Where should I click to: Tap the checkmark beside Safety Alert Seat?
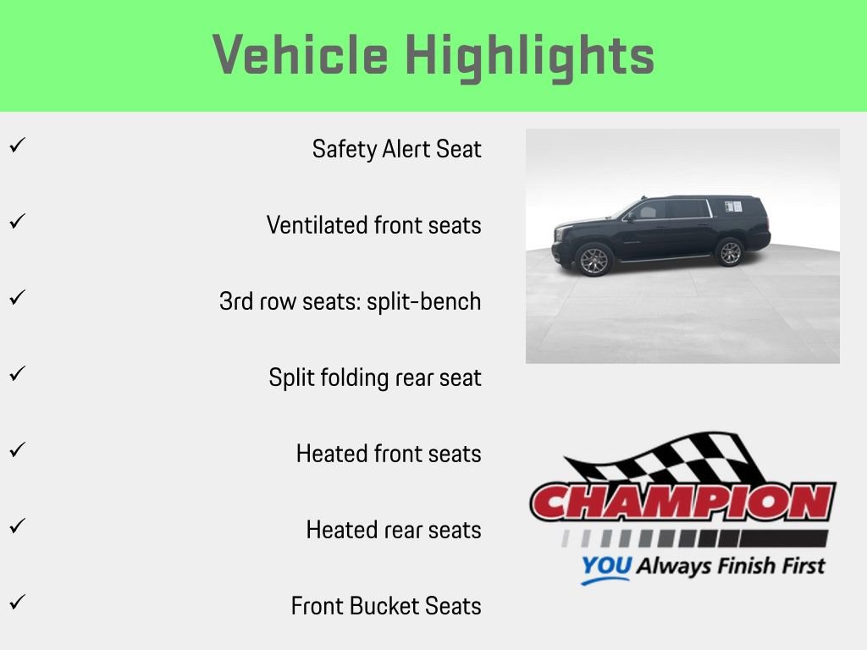[15, 146]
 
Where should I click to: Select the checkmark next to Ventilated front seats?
[15, 222]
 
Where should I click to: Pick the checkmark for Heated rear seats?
[15, 526]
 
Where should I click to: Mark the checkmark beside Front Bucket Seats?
[15, 603]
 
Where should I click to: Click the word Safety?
[344, 149]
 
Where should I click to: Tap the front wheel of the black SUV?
[594, 259]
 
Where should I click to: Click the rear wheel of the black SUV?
[729, 251]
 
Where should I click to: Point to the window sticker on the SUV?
[732, 206]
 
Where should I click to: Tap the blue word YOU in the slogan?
[605, 566]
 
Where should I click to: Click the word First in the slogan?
[798, 565]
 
